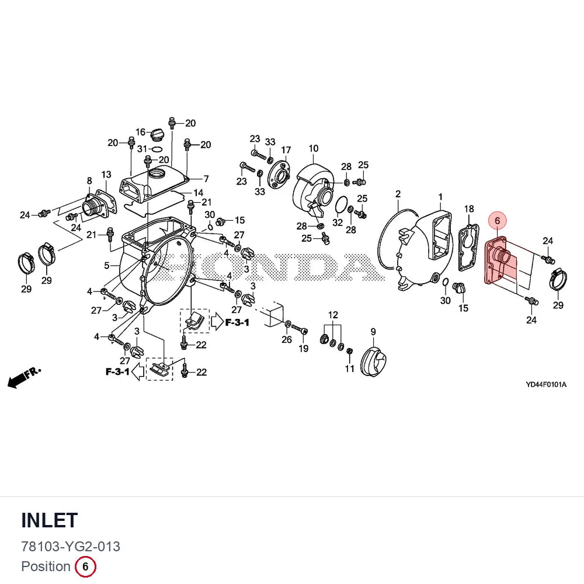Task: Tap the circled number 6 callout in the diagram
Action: (x=497, y=221)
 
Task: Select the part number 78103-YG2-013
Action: (x=71, y=547)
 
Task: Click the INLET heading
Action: (x=50, y=520)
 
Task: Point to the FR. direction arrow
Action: (x=24, y=377)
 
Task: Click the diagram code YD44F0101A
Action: (x=546, y=384)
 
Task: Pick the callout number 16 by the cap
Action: (x=140, y=132)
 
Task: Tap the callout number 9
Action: (x=373, y=332)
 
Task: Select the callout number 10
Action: (x=314, y=148)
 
